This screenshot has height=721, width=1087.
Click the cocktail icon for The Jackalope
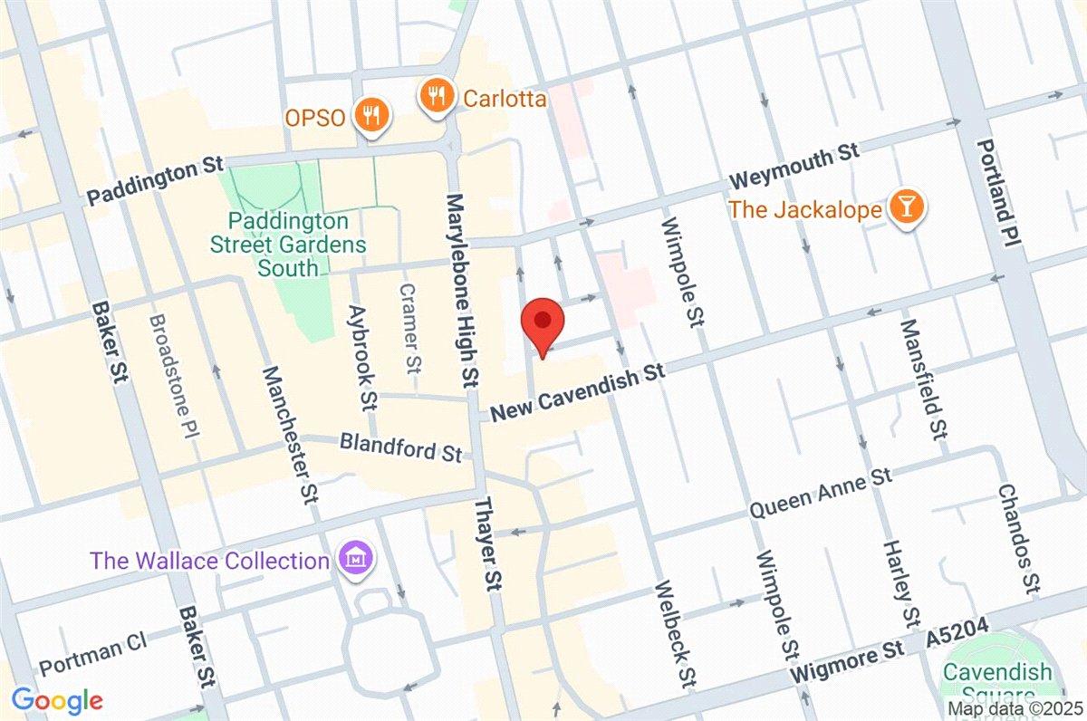click(x=904, y=208)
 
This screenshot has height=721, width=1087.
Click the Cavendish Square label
click(x=996, y=684)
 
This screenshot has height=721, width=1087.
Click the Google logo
click(x=57, y=700)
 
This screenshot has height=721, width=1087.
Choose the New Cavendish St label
click(x=578, y=392)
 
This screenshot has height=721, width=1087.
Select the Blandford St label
click(x=401, y=446)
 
